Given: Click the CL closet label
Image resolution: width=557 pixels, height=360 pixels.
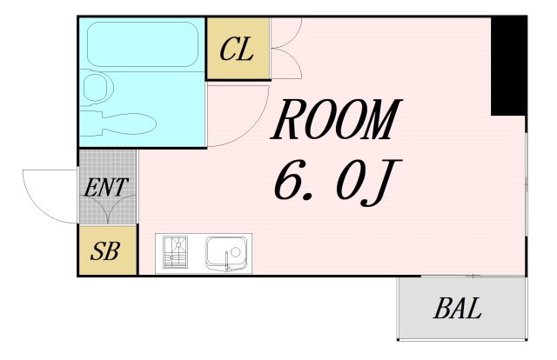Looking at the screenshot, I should coord(237,50).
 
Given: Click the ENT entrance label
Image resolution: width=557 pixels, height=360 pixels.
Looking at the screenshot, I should coord(106,186).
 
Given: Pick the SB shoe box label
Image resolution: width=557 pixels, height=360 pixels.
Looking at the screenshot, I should coord(106,251).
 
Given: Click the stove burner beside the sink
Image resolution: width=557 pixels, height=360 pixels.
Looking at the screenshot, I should coord(177,253).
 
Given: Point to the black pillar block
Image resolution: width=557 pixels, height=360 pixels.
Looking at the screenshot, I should coord(508,66).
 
